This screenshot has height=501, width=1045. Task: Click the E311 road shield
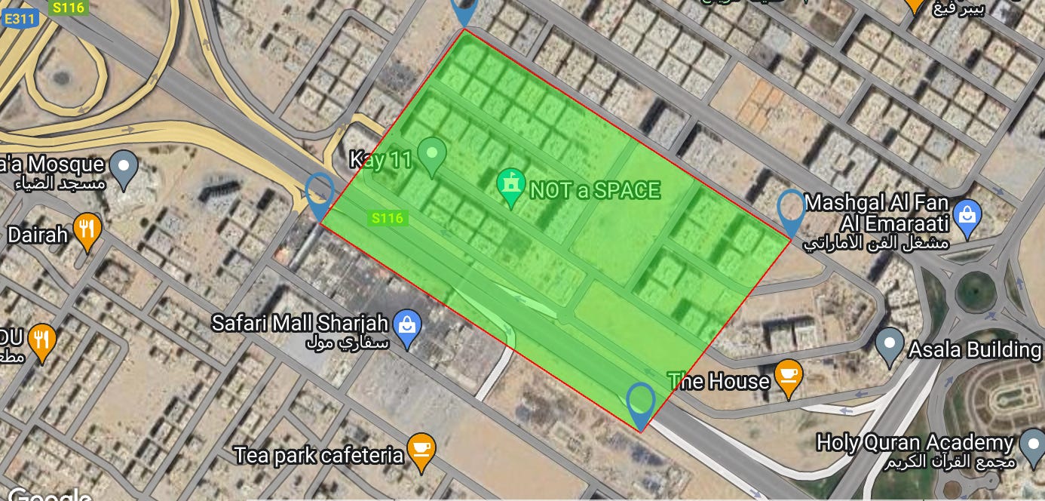pyautogui.click(x=20, y=19)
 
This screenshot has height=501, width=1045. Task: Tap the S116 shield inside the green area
pyautogui.click(x=388, y=218)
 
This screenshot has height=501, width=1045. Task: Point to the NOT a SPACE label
pyautogui.click(x=595, y=190)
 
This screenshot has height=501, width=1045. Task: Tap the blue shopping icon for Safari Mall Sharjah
pyautogui.click(x=407, y=328)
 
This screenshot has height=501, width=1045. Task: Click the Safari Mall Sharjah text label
pyautogui.click(x=299, y=324)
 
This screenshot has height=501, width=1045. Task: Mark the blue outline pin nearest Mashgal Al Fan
pyautogui.click(x=791, y=211)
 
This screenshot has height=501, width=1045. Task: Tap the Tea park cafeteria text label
pyautogui.click(x=319, y=456)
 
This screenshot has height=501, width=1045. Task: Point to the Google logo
pyautogui.click(x=50, y=495)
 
